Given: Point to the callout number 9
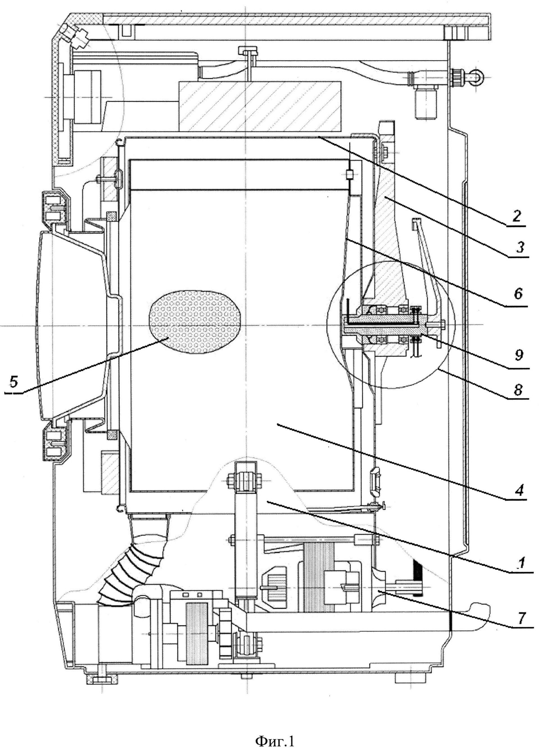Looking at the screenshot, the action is point(519,355).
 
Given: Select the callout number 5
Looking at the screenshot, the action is point(13,383).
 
